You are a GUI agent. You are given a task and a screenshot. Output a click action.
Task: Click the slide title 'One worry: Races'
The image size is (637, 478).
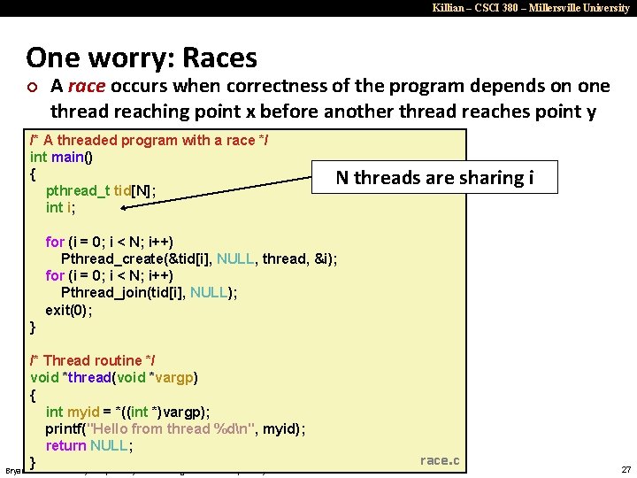[142, 58]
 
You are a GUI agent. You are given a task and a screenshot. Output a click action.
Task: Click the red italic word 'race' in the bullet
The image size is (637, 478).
[86, 86]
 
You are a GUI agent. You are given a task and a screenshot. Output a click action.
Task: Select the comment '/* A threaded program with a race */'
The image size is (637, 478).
[150, 140]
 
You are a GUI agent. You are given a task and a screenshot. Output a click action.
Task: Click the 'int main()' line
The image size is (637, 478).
[62, 157]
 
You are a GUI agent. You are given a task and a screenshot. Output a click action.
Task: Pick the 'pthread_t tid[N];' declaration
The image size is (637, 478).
[102, 190]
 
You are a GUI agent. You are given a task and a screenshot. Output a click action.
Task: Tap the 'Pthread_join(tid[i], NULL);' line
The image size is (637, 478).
[149, 292]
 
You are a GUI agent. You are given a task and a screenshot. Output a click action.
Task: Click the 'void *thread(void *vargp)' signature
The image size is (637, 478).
[114, 378]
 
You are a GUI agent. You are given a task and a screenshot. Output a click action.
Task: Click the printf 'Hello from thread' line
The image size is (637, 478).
[175, 428]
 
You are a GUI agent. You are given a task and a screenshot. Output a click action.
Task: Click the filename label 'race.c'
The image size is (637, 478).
[439, 459]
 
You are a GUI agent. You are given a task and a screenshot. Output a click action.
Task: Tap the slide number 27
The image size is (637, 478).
[625, 469]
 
